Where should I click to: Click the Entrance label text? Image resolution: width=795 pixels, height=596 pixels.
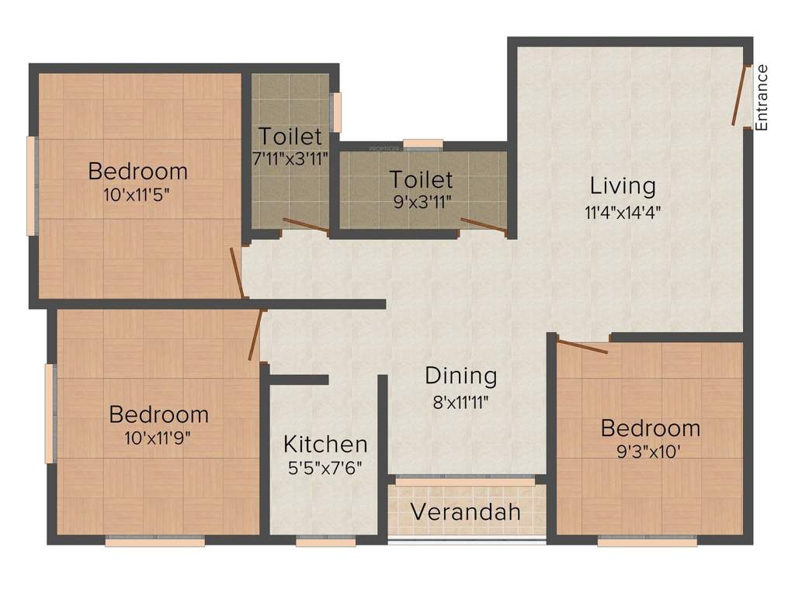coord(762,97)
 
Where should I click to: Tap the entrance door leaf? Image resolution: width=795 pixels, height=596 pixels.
coord(741,95)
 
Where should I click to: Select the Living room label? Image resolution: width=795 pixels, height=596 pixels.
coord(623,186)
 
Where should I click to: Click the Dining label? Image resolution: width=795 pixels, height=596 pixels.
coord(460,376)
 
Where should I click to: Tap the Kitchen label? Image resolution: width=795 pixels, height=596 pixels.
coord(325,445)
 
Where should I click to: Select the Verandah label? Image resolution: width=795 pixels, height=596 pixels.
coord(466,513)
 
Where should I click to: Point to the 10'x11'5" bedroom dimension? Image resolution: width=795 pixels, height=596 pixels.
coord(137,194)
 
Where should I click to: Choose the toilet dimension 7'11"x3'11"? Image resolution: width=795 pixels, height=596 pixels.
coord(290,158)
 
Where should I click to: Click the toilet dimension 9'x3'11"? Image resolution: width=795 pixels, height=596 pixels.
coord(422,203)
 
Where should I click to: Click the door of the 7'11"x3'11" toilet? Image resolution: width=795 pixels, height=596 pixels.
coord(305,226)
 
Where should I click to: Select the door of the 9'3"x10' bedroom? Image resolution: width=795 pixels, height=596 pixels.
coord(582,347)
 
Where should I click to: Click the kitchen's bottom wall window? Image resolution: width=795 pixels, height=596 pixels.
coord(325,542)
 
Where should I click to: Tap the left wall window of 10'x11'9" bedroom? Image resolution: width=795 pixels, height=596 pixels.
coord(50,414)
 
